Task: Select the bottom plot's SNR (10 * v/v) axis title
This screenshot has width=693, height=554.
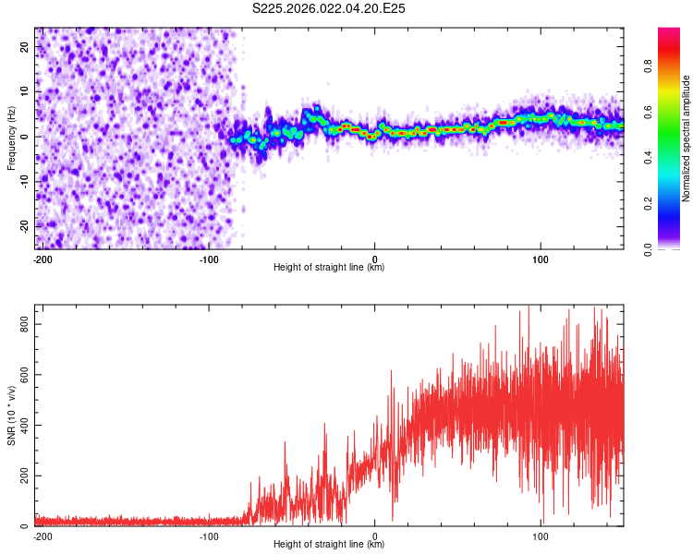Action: click(11, 415)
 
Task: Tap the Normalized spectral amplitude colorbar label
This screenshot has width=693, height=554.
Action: click(687, 138)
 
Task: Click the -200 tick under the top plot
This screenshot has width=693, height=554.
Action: click(42, 259)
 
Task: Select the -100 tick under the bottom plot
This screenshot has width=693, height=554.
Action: click(209, 536)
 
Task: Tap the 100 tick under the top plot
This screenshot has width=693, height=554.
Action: click(541, 259)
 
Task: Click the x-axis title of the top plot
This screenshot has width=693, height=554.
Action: click(329, 268)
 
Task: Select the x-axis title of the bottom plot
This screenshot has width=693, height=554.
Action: click(329, 545)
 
